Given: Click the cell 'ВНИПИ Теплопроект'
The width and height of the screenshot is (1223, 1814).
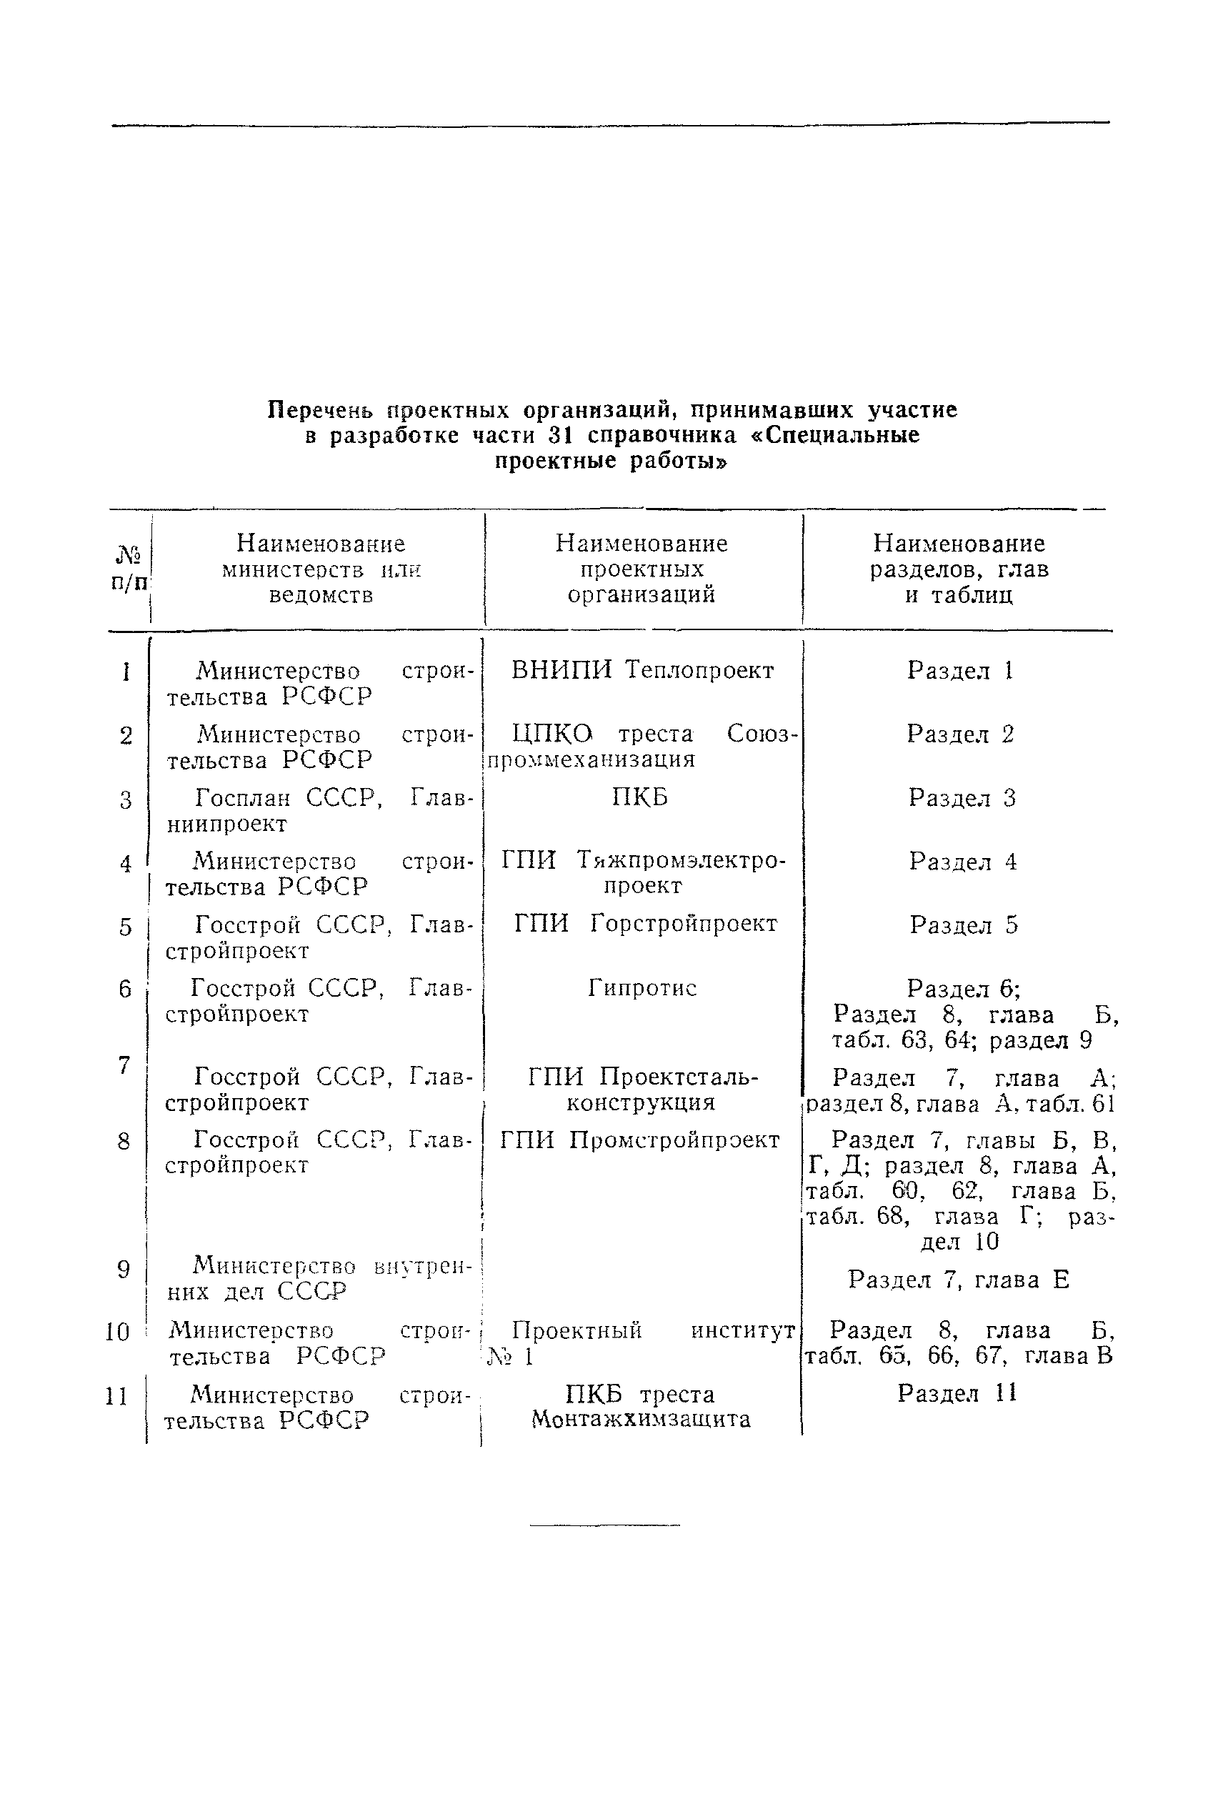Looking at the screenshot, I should [642, 671].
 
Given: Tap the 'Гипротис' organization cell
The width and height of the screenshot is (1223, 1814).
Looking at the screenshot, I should [642, 988].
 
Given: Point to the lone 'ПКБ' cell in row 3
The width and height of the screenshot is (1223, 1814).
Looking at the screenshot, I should [639, 798].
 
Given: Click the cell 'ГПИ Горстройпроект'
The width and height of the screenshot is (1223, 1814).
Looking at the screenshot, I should [645, 925].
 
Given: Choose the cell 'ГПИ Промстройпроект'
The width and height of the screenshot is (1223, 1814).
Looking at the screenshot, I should [639, 1140].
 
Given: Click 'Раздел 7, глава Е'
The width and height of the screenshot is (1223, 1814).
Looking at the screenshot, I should [959, 1280].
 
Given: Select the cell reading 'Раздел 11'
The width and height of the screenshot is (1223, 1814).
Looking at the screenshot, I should [957, 1393].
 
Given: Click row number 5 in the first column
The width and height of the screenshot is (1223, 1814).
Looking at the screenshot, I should [126, 927].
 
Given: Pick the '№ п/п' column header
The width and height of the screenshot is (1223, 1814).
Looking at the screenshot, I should [129, 569].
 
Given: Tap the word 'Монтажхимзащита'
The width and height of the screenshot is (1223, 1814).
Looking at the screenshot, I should [640, 1420].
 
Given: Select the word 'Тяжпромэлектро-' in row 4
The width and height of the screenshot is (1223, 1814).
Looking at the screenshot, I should [682, 861].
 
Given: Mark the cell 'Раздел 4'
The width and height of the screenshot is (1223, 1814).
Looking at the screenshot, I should [962, 862].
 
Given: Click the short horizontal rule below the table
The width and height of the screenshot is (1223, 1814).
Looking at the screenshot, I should [604, 1525].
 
